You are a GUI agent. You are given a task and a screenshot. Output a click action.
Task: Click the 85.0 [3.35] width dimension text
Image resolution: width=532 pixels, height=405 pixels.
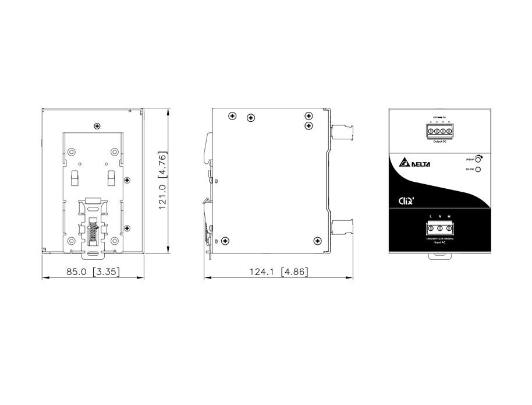point(94,272)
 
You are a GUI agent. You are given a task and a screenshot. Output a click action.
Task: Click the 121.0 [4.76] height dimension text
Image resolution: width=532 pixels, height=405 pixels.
point(164,180)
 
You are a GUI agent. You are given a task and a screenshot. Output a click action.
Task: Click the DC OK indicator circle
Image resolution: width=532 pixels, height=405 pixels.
point(478,170)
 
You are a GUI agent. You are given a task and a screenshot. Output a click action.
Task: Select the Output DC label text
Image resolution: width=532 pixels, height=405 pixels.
point(440,142)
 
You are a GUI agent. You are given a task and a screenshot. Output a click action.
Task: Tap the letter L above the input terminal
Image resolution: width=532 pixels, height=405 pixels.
point(430,217)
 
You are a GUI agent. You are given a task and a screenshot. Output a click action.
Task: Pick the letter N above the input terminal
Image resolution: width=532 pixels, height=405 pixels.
point(440,217)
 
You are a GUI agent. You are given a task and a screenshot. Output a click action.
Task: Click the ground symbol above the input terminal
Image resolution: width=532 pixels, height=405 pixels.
point(450,217)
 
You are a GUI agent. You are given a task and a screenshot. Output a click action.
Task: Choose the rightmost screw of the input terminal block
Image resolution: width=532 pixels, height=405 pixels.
point(450,227)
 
